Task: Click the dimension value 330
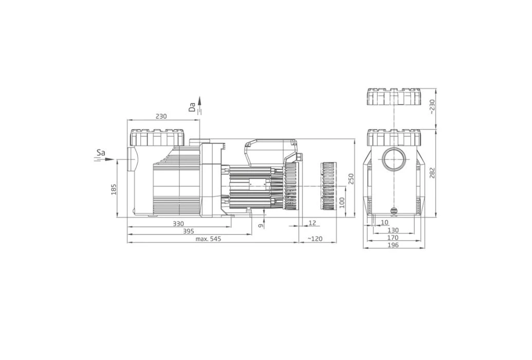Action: click(x=178, y=224)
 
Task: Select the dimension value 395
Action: click(x=188, y=231)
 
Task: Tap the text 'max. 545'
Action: click(x=208, y=239)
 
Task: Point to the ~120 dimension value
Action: click(x=315, y=239)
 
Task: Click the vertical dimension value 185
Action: click(x=114, y=189)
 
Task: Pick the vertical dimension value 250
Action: click(x=351, y=179)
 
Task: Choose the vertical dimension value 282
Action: click(x=432, y=173)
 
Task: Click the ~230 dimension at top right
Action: click(x=432, y=106)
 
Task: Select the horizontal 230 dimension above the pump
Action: click(x=161, y=116)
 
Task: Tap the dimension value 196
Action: click(x=393, y=245)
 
